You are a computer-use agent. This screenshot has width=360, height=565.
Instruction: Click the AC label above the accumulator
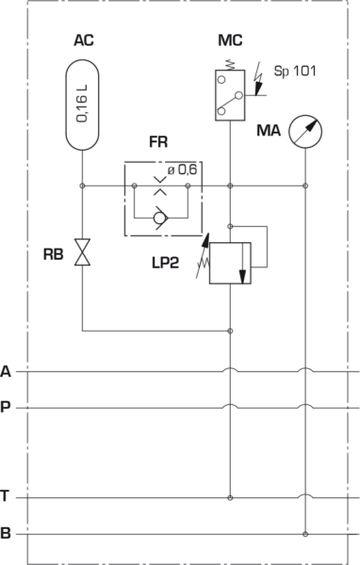[x=83, y=41]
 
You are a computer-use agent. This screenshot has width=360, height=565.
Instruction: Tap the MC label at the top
[x=228, y=41]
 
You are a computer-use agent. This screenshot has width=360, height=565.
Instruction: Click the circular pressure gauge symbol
[x=304, y=130]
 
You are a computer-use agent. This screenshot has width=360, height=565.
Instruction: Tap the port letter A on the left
[x=7, y=371]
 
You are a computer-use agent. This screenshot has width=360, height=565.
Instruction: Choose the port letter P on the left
[x=7, y=408]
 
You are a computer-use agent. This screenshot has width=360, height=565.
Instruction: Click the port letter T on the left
[x=7, y=496]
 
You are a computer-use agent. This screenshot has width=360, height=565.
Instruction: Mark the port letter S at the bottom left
[x=7, y=534]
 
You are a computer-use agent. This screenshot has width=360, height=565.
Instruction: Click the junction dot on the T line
[x=230, y=496]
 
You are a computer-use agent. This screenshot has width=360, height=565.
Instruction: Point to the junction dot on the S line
[x=305, y=534]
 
